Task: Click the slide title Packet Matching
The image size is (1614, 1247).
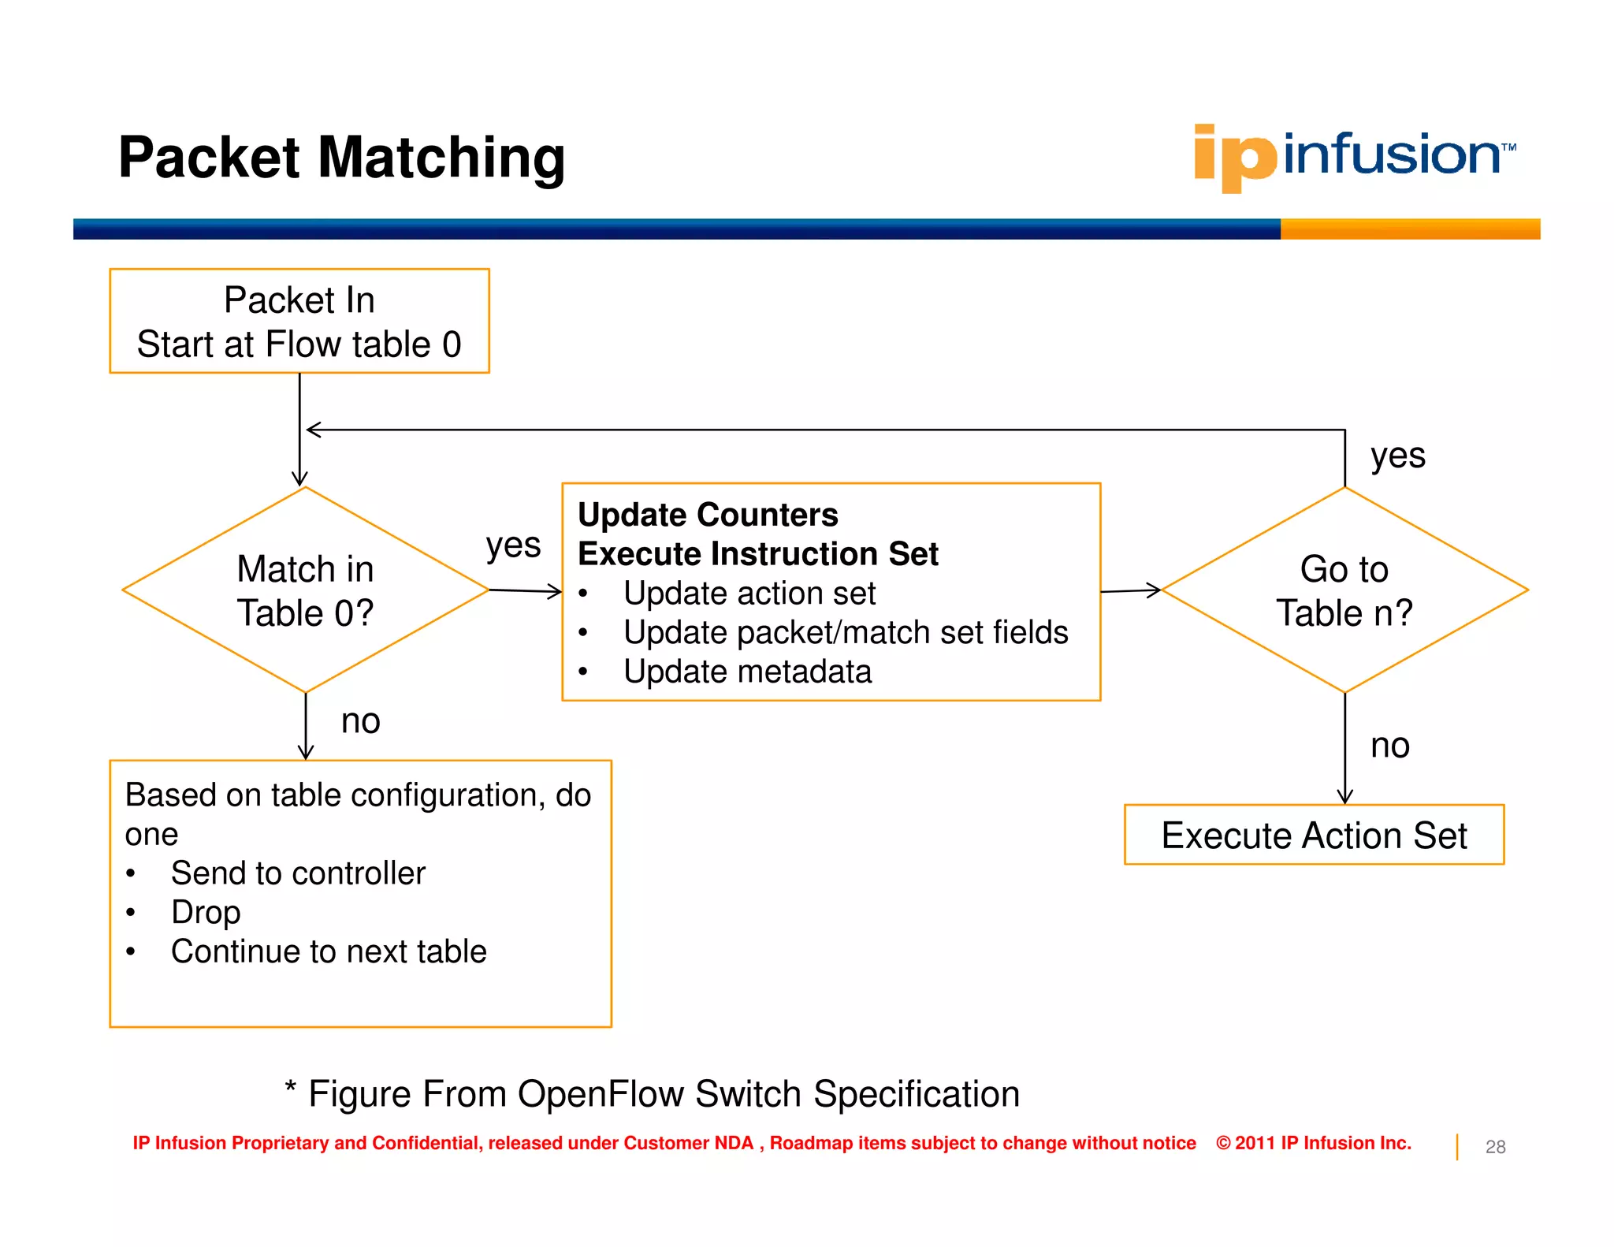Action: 341,158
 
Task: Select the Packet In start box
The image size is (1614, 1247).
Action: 299,321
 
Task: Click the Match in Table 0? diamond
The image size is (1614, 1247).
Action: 305,590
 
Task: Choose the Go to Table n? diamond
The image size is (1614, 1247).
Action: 1344,590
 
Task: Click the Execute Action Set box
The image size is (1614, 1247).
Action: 1313,835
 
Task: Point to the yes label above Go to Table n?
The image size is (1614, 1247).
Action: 1397,456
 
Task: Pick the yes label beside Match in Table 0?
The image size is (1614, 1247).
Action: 513,545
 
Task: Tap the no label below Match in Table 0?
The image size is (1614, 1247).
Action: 360,721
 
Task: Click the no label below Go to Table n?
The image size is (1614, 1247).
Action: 1389,746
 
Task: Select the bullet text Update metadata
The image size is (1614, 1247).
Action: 746,672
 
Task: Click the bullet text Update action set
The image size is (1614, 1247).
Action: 749,594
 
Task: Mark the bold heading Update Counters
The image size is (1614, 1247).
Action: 707,515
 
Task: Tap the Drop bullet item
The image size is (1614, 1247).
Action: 206,913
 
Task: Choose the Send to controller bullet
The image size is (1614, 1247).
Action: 298,873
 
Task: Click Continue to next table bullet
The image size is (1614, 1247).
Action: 329,951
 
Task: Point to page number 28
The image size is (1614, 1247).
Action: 1494,1147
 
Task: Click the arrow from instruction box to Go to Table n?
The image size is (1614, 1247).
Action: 1130,590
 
